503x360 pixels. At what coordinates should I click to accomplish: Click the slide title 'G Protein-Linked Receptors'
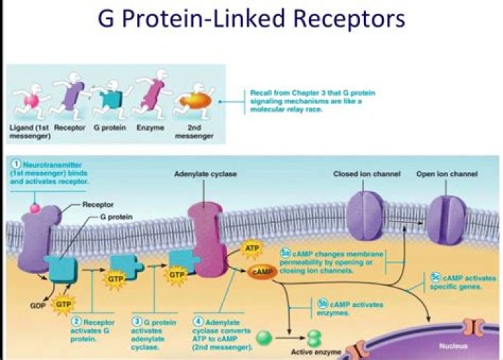coord(251,19)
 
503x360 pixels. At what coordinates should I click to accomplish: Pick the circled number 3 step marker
coord(138,320)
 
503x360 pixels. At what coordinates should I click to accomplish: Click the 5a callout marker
coord(285,252)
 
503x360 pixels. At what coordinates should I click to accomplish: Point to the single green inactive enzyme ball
coord(263,337)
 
